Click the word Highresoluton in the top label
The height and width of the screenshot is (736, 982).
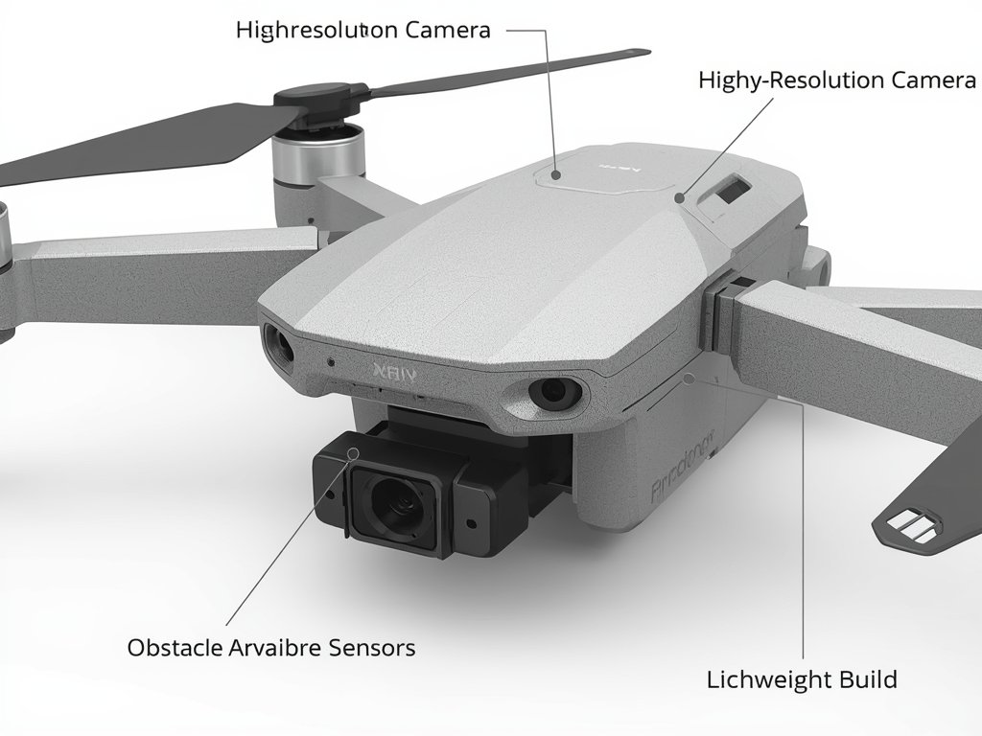pyautogui.click(x=316, y=30)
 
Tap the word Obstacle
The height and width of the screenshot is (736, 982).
pyautogui.click(x=173, y=648)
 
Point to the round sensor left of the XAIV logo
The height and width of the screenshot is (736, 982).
pyautogui.click(x=280, y=343)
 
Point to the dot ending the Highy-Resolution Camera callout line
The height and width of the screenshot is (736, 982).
pyautogui.click(x=679, y=198)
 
